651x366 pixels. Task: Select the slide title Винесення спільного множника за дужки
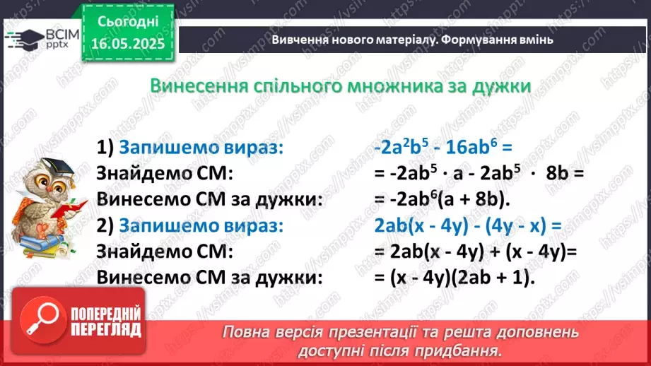coord(341,86)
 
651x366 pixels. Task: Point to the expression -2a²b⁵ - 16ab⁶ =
coord(442,148)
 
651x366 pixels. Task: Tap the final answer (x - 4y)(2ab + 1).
coord(456,278)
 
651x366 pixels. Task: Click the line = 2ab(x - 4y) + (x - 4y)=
coord(477,252)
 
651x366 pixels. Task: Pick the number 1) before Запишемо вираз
coord(105,148)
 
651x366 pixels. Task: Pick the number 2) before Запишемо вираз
coord(105,226)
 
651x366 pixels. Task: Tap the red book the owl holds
coord(74,209)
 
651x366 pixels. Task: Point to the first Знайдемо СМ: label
coord(164,174)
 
